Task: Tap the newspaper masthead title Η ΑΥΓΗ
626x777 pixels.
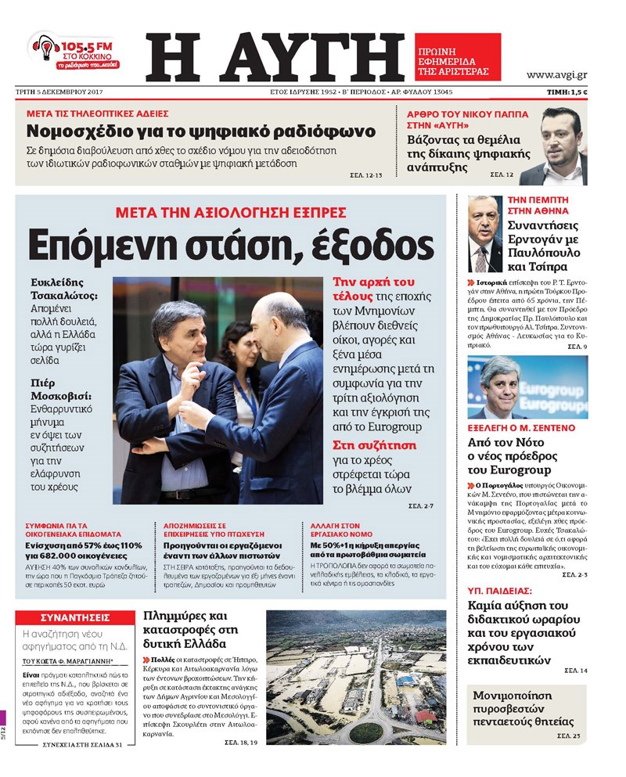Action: [x=275, y=57]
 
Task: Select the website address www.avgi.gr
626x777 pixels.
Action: [x=556, y=75]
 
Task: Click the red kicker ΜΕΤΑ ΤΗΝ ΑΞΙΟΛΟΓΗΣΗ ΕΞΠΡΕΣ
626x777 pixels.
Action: [x=230, y=212]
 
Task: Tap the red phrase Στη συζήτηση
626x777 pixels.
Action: [x=374, y=445]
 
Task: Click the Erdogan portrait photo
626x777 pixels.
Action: [x=485, y=234]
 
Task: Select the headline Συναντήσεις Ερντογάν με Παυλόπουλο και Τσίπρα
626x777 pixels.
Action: [x=546, y=242]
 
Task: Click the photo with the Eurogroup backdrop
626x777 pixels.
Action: [x=527, y=388]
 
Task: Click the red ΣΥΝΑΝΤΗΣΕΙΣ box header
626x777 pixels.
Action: [x=74, y=617]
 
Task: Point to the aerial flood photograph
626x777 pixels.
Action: [x=357, y=677]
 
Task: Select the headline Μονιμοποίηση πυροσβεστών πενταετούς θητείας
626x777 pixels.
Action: [x=523, y=708]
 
